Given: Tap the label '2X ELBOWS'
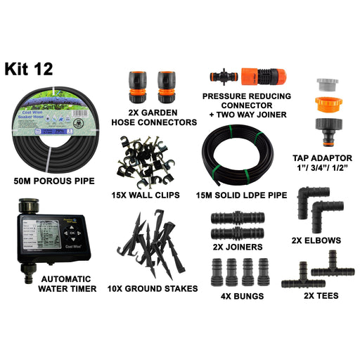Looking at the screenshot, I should [x=316, y=240].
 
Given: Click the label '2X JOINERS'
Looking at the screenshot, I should [x=237, y=247].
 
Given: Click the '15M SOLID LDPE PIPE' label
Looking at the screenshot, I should [x=243, y=195].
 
